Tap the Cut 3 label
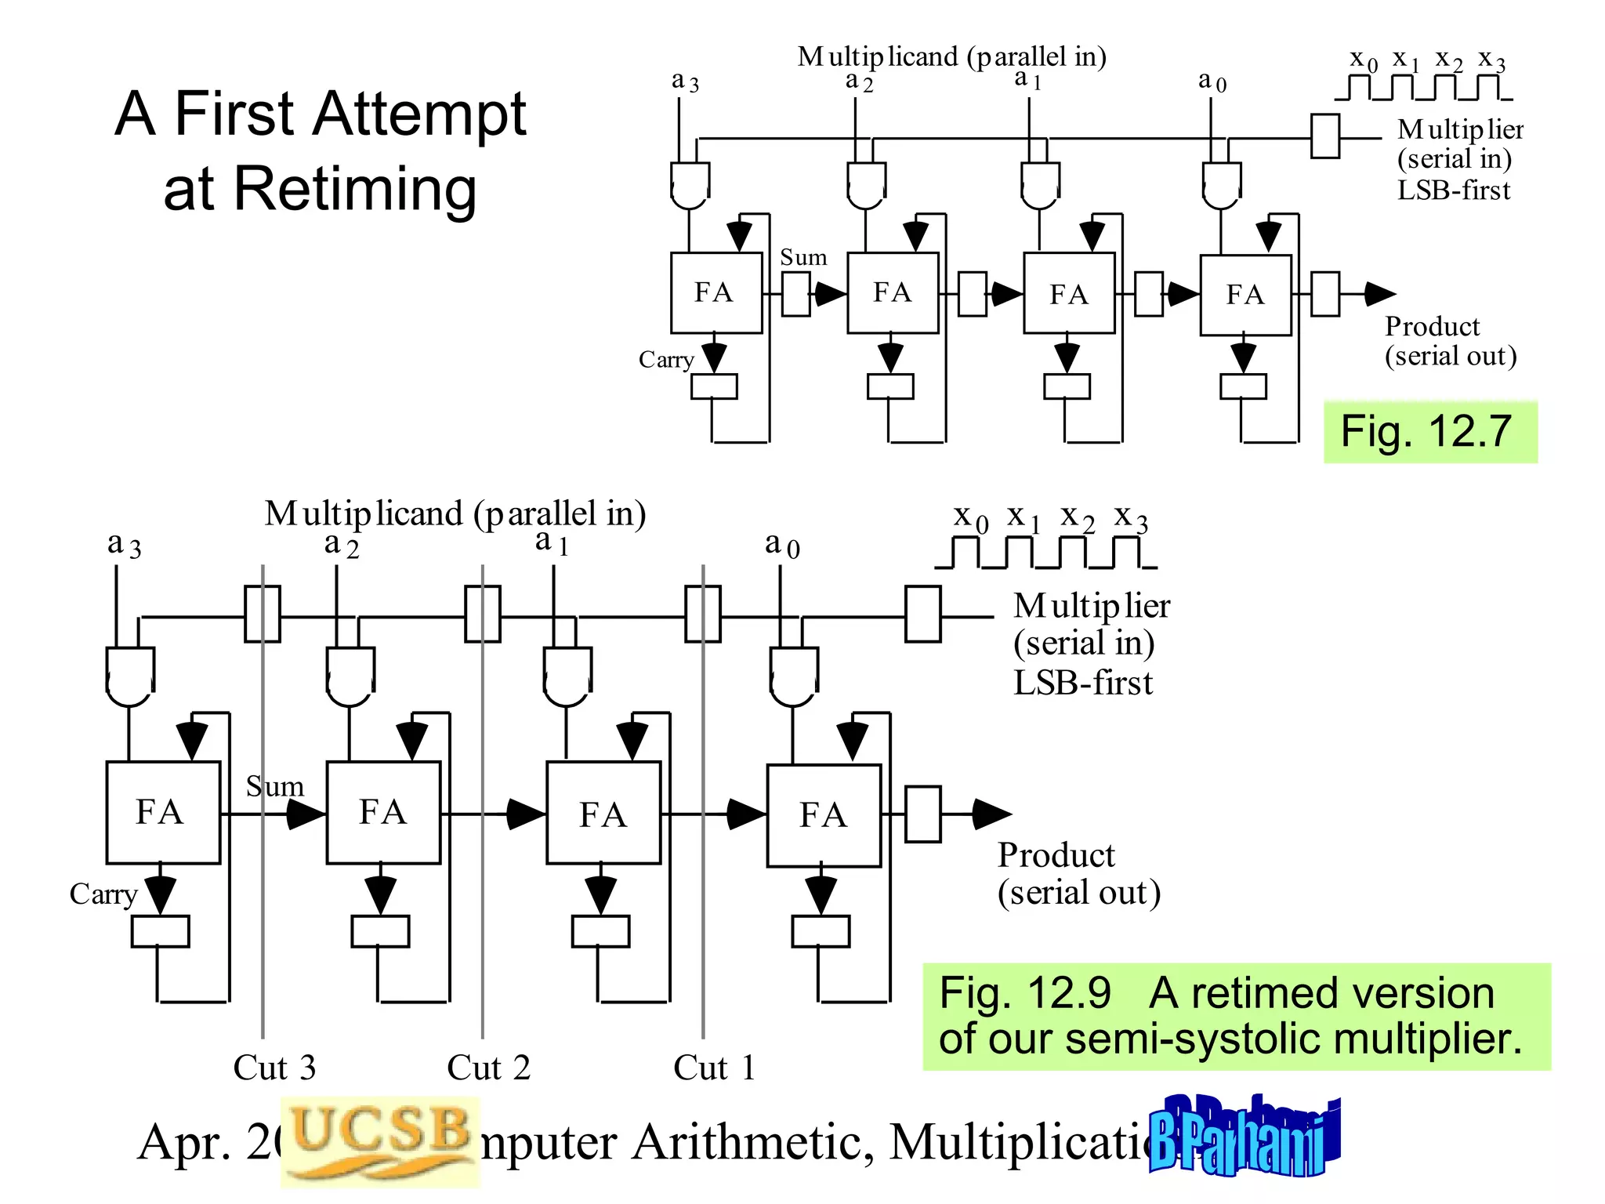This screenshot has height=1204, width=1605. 274,1068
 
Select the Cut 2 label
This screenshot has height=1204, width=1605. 488,1068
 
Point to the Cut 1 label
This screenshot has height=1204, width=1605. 714,1068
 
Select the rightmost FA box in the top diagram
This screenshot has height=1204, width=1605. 1245,295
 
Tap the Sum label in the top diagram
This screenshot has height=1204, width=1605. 803,257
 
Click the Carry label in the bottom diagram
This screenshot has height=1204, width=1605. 103,894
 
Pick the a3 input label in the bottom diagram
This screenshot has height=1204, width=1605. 124,544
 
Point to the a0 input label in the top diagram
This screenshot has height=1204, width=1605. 1212,81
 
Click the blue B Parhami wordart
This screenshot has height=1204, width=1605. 1243,1137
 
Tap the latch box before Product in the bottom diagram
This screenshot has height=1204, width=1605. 922,814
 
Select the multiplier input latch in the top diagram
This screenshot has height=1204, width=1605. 1324,136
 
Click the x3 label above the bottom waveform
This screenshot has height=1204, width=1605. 1131,517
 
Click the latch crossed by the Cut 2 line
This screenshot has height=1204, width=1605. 483,615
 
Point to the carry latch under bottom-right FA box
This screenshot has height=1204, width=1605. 820,931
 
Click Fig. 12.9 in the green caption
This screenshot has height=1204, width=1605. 1025,993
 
